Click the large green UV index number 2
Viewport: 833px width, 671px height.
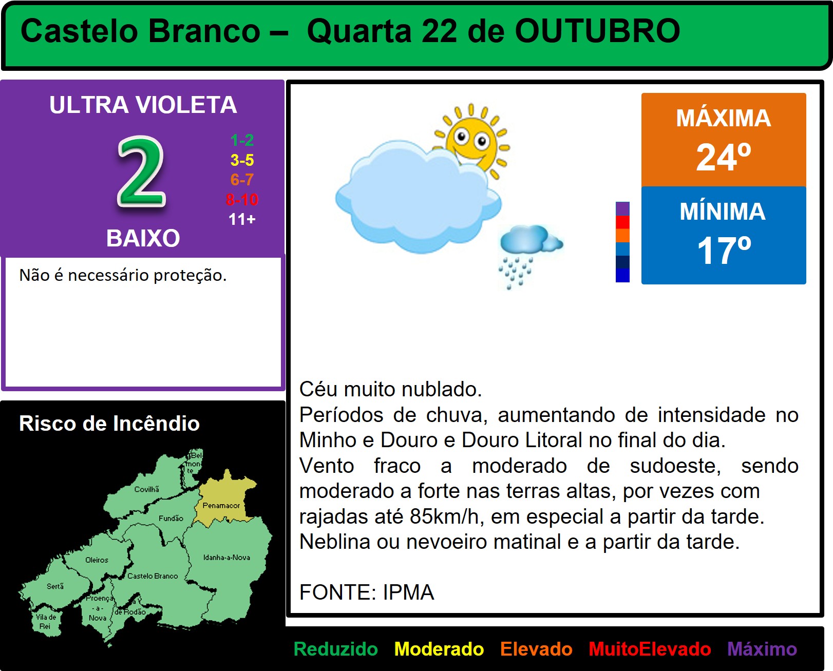[x=142, y=171]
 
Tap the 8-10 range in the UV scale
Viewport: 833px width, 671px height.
[x=242, y=200]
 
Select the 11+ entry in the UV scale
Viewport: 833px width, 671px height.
[x=242, y=219]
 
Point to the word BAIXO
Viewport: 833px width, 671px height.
[x=143, y=238]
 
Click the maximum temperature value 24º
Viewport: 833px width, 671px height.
[x=724, y=157]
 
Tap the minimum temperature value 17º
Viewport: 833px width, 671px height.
[x=724, y=251]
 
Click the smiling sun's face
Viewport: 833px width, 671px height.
[x=471, y=142]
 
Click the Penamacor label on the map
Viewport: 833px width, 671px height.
[x=221, y=505]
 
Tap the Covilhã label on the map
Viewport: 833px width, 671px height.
[x=146, y=489]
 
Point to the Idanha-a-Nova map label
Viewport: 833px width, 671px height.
[x=226, y=557]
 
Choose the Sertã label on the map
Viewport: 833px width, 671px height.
[x=55, y=586]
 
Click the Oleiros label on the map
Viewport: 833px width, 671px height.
[x=97, y=560]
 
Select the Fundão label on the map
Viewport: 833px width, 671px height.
[x=171, y=518]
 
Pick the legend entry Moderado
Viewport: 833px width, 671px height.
[x=439, y=649]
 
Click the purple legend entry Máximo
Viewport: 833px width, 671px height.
[x=762, y=649]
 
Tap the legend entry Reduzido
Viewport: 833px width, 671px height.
[x=335, y=649]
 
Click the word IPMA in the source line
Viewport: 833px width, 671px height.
[x=408, y=592]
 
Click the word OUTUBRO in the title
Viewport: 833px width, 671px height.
[x=597, y=31]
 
